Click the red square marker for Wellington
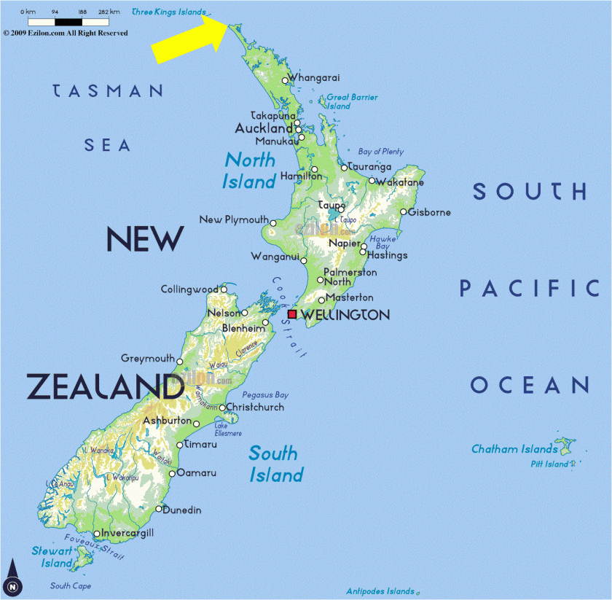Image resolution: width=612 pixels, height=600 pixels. click(x=292, y=314)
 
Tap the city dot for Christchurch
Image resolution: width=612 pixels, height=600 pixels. click(x=222, y=408)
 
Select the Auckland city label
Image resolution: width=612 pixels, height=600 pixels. click(x=263, y=128)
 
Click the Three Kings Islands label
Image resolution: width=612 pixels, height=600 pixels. click(x=168, y=12)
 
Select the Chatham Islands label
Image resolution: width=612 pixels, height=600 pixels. click(x=514, y=449)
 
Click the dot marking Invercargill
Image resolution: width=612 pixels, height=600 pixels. click(x=97, y=534)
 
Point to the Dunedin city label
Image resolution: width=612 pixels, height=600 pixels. click(x=181, y=510)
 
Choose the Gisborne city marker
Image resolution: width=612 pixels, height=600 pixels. click(x=403, y=212)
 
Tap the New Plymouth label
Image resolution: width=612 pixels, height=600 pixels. click(x=233, y=219)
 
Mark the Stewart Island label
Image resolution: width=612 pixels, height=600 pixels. click(x=52, y=557)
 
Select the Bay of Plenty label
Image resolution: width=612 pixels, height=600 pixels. click(x=380, y=152)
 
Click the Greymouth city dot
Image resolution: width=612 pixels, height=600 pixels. click(x=180, y=361)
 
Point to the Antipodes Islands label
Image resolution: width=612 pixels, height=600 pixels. click(x=380, y=591)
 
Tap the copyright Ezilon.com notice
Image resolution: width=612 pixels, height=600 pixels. click(x=66, y=33)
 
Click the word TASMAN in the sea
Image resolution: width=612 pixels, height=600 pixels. click(x=108, y=91)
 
